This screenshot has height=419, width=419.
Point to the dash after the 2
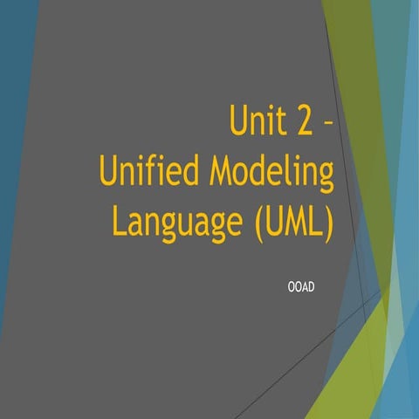tap(326, 122)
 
